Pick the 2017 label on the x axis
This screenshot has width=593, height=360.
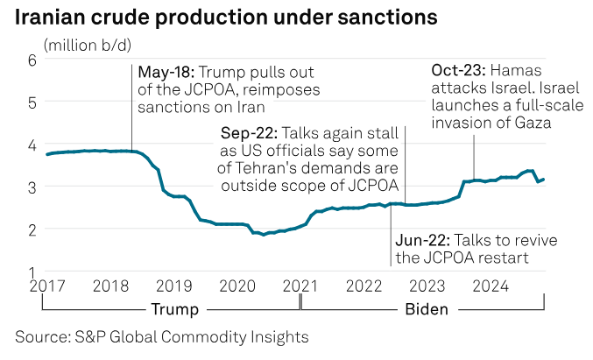44,286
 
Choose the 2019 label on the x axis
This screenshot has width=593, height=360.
173,286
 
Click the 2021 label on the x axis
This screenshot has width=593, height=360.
301,286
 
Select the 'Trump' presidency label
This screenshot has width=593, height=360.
173,308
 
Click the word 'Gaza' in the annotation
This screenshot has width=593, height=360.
533,123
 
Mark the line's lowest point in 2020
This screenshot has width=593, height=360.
264,235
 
